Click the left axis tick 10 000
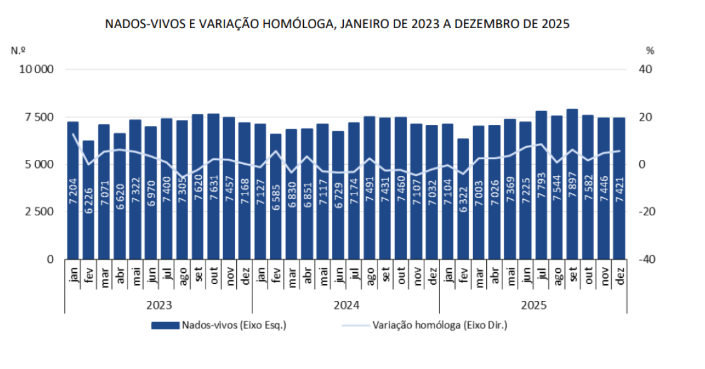pyautogui.click(x=38, y=69)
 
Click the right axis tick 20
pyautogui.click(x=644, y=117)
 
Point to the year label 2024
pyautogui.click(x=346, y=305)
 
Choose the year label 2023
pyautogui.click(x=159, y=305)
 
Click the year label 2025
pyautogui.click(x=533, y=305)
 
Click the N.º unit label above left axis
pyautogui.click(x=18, y=50)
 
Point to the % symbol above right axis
pyautogui.click(x=649, y=50)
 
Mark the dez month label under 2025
pyautogui.click(x=619, y=275)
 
